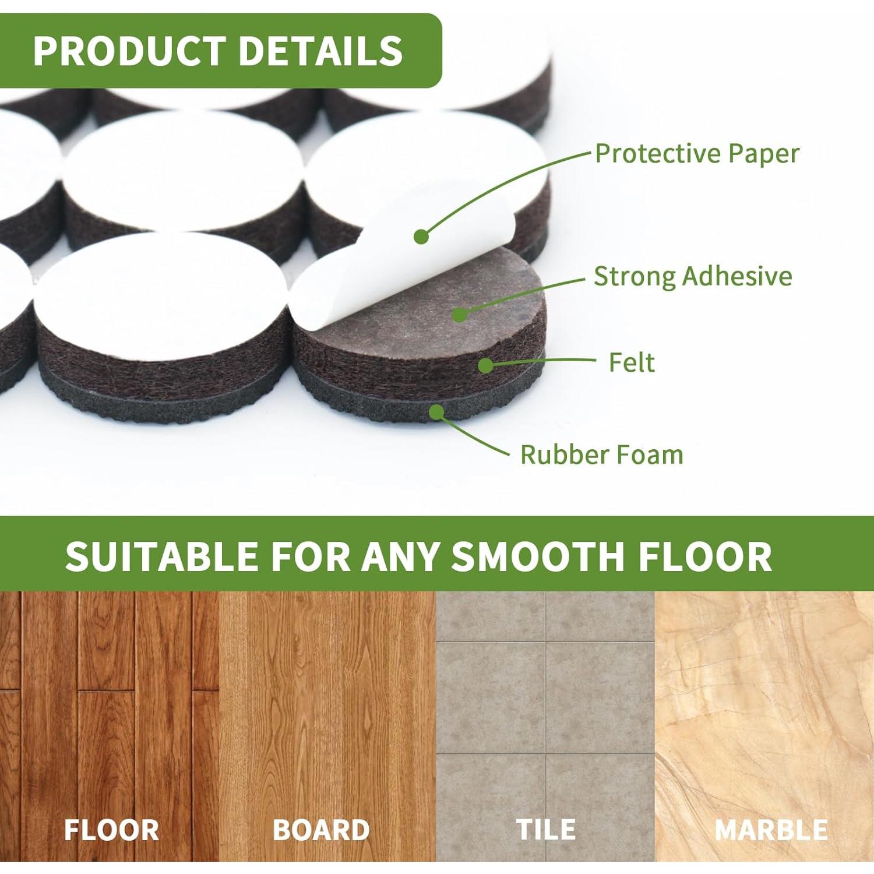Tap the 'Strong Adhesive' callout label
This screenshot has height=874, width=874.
tap(693, 276)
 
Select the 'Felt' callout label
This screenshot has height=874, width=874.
tap(632, 362)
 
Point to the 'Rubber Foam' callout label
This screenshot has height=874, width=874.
tap(601, 454)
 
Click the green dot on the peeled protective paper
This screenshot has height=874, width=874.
tap(421, 237)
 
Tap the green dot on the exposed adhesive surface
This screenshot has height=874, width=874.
tap(460, 315)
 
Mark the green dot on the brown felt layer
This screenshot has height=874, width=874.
tap(485, 365)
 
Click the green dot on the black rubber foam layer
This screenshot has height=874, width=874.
tap(436, 413)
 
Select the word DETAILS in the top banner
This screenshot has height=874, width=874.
tap(321, 51)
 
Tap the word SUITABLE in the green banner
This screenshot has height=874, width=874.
tap(162, 556)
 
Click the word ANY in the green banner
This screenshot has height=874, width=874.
tap(400, 556)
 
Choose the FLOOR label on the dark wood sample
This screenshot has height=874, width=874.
tap(111, 830)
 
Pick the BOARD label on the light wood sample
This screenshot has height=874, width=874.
tap(321, 830)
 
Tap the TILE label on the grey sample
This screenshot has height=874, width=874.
tap(546, 829)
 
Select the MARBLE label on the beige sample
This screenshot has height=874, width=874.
tap(771, 830)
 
